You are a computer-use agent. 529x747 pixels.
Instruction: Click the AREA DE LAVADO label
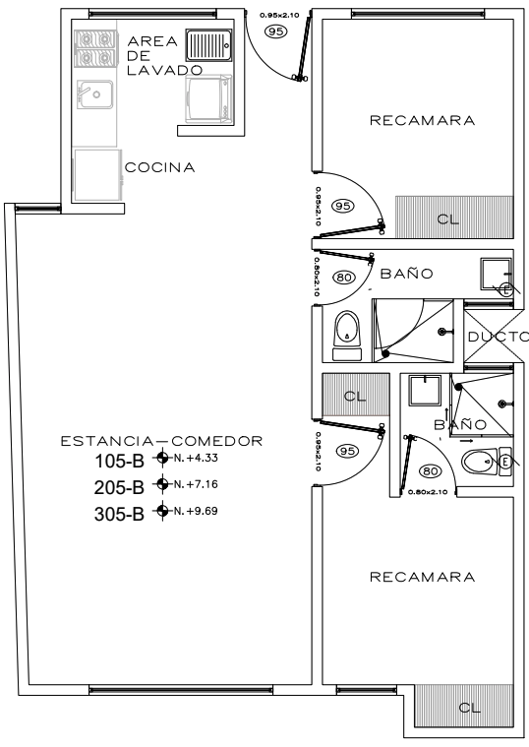coord(165,56)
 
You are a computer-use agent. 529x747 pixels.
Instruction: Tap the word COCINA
coord(160,167)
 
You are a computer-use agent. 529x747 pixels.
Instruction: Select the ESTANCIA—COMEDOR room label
coord(162,441)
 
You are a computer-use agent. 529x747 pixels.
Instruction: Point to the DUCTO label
coord(499,337)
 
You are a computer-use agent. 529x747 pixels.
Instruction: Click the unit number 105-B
coord(120,462)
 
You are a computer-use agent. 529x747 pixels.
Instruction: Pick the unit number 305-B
coord(119,515)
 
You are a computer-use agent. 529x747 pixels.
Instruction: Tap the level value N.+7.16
coord(196,484)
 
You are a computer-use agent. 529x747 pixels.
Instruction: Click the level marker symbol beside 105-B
coord(162,458)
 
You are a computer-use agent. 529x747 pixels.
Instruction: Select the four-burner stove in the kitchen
coord(95,48)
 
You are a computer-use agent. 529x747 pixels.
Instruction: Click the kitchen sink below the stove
coord(95,93)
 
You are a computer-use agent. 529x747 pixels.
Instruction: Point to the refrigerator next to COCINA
coord(97,175)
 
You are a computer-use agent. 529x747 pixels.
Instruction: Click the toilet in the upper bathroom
coord(347,336)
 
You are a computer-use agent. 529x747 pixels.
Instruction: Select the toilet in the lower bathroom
coord(487,462)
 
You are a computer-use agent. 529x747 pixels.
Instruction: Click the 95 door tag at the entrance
coord(275,31)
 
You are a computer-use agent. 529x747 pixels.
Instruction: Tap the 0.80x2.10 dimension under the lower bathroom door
coord(428,492)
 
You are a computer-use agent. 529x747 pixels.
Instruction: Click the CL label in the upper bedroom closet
coord(448,219)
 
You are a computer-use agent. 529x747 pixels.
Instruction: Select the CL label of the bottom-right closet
coord(469,708)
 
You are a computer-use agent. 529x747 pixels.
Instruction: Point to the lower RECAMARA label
coord(423,578)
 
